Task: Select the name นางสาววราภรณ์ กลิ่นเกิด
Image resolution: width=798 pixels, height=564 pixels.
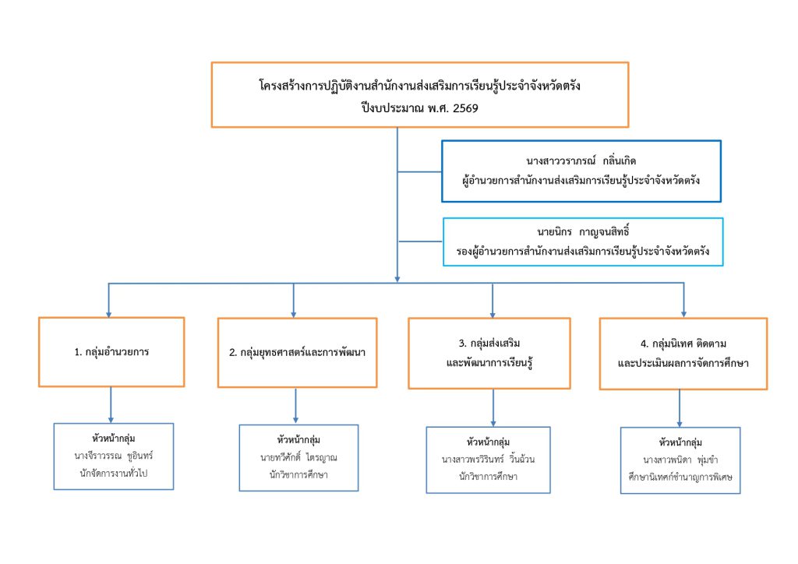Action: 581,161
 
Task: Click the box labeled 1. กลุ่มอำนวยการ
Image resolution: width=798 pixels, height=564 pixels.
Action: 111,351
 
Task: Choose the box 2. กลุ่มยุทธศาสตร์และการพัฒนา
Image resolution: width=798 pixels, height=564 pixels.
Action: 297,352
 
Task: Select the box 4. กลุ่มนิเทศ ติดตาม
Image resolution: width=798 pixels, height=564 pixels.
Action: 683,354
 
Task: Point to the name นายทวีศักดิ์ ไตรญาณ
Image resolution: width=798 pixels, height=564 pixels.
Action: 299,456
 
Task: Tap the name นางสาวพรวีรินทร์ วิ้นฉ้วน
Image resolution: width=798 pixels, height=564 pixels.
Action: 489,459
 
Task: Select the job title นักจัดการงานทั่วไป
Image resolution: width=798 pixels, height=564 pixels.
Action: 114,471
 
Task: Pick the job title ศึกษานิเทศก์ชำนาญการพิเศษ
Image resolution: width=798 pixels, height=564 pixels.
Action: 680,476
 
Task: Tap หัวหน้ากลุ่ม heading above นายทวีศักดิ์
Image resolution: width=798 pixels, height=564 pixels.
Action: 299,440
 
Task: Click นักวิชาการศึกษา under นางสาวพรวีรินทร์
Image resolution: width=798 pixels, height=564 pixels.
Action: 489,476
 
